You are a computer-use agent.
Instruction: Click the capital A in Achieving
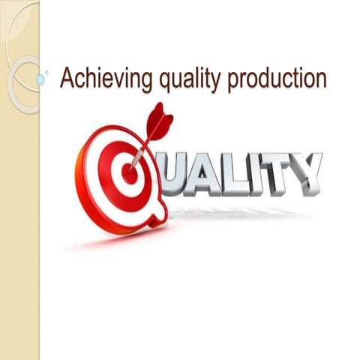click(67, 78)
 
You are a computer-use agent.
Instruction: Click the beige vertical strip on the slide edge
click(19, 225)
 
